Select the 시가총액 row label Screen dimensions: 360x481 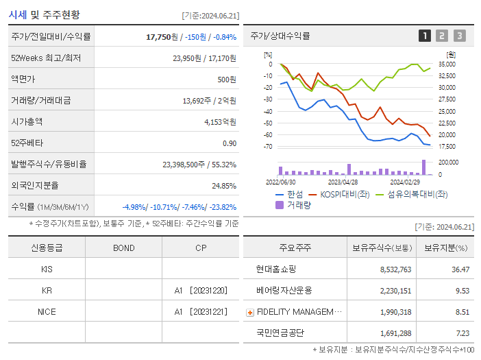27,121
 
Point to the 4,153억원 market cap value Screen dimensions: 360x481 220,122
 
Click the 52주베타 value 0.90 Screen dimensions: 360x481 230,143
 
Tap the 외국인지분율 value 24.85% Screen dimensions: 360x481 224,186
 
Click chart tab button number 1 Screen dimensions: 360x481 425,36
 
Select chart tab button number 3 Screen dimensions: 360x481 459,36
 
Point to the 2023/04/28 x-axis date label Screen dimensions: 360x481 343,182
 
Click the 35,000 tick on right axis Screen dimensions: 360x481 447,64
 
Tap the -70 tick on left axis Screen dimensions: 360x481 268,147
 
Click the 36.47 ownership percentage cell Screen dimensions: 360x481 458,269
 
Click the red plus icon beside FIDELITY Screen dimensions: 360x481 250,313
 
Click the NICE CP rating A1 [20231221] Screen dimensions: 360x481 200,312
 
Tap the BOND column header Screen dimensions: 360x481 123,248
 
